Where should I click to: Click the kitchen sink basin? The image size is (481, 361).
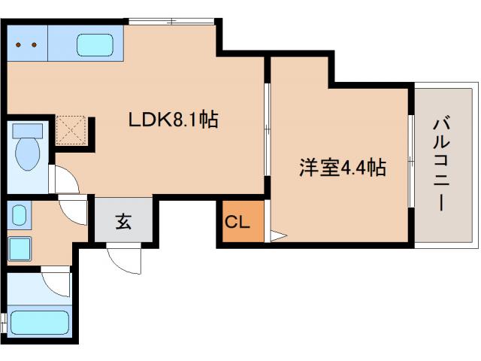[x=95, y=45]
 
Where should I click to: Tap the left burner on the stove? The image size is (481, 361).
[x=20, y=44]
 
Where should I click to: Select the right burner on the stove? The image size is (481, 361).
[x=34, y=44]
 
